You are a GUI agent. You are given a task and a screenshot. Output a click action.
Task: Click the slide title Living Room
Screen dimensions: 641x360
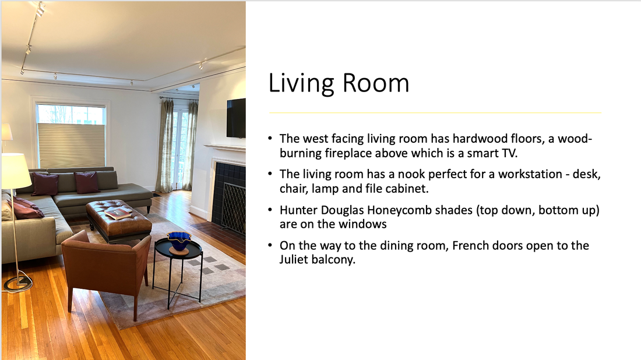pos(339,84)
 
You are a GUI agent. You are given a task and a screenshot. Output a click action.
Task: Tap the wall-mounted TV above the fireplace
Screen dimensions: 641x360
pos(236,118)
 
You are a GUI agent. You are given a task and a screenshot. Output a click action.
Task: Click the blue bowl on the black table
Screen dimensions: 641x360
pos(179,241)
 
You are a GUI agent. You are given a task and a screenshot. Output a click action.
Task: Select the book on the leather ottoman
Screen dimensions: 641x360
pos(118,213)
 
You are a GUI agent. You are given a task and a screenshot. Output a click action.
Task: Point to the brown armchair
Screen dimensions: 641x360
pos(106,270)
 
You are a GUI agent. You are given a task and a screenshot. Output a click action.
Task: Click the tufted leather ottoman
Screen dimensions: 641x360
pos(118,220)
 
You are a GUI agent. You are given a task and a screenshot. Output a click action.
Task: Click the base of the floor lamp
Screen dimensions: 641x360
pos(18,283)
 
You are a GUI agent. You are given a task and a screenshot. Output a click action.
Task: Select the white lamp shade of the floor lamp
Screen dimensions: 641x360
pos(16,171)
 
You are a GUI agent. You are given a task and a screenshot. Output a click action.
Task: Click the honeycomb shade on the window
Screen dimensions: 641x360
pos(71,146)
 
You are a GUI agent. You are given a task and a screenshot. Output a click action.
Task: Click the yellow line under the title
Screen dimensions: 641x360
pos(435,112)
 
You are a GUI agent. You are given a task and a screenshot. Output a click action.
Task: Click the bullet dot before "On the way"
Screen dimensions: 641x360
pos(270,245)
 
